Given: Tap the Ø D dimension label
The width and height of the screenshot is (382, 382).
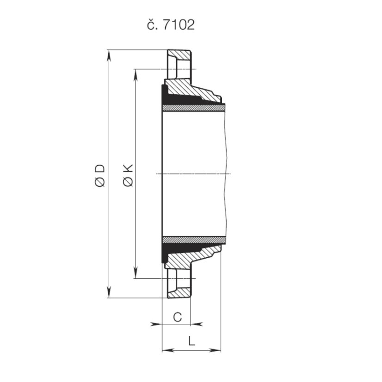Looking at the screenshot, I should coord(100,174).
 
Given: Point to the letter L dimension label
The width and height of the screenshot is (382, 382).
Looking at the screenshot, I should coord(191,342).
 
